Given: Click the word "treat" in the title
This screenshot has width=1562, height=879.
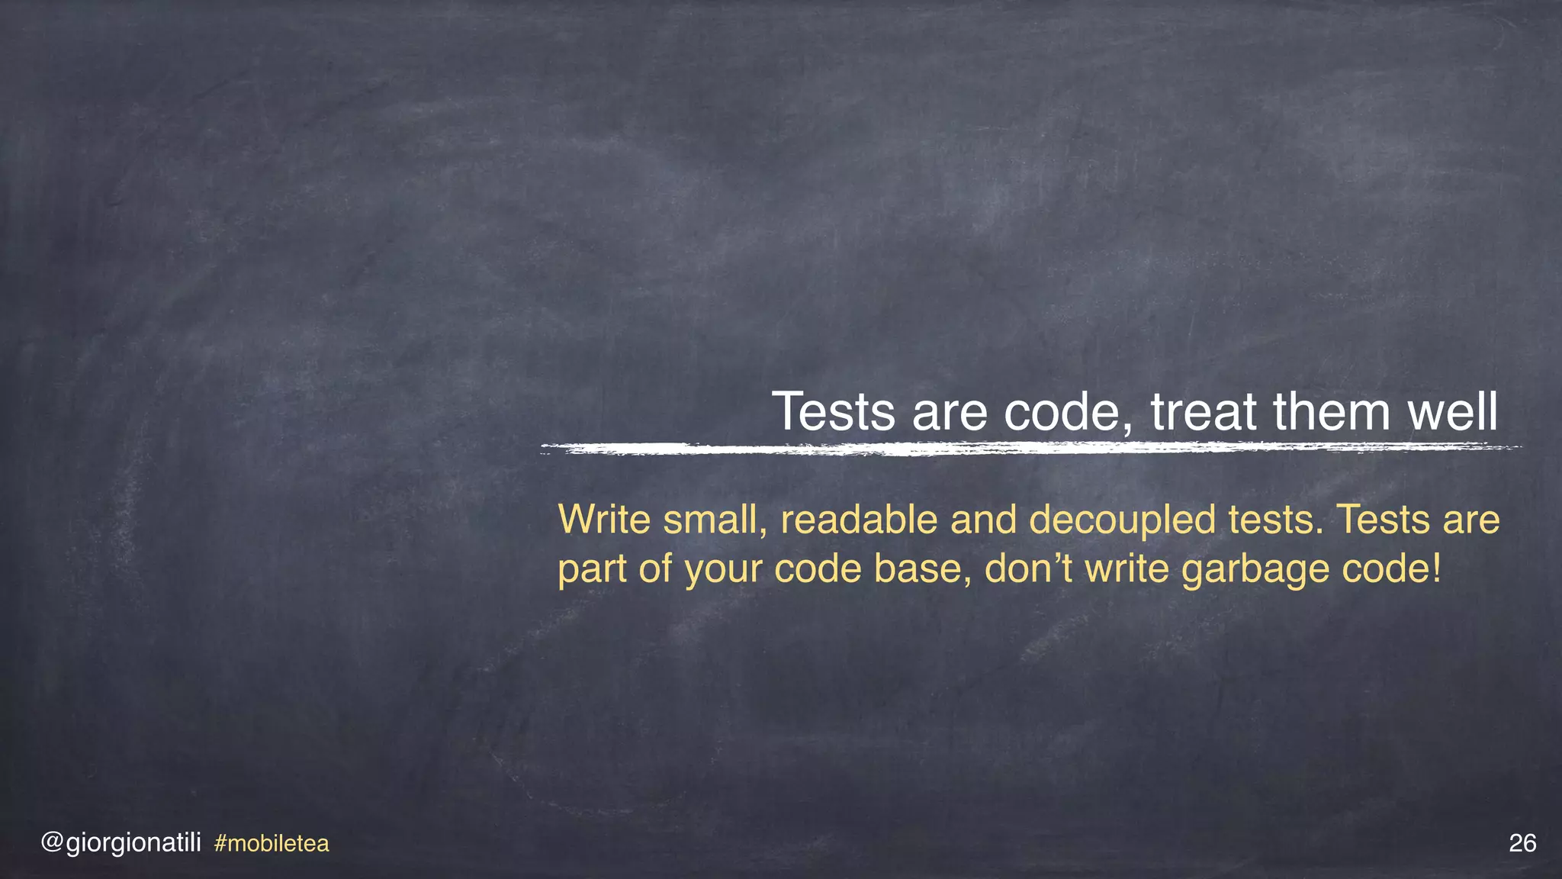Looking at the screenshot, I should coord(1204,412).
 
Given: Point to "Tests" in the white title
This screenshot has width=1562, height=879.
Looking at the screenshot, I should coord(834,412).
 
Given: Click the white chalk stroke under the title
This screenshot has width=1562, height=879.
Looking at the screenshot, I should coord(1030,449).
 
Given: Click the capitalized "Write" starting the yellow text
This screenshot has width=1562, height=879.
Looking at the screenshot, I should coord(604,520).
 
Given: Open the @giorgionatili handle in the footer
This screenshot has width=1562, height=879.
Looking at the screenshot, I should coord(121,842).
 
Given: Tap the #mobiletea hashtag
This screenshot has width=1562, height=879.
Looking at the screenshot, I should coord(272,843).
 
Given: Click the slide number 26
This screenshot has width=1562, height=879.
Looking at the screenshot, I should coord(1522,843).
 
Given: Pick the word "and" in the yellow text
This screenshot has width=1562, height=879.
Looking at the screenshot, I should coord(983,520).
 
